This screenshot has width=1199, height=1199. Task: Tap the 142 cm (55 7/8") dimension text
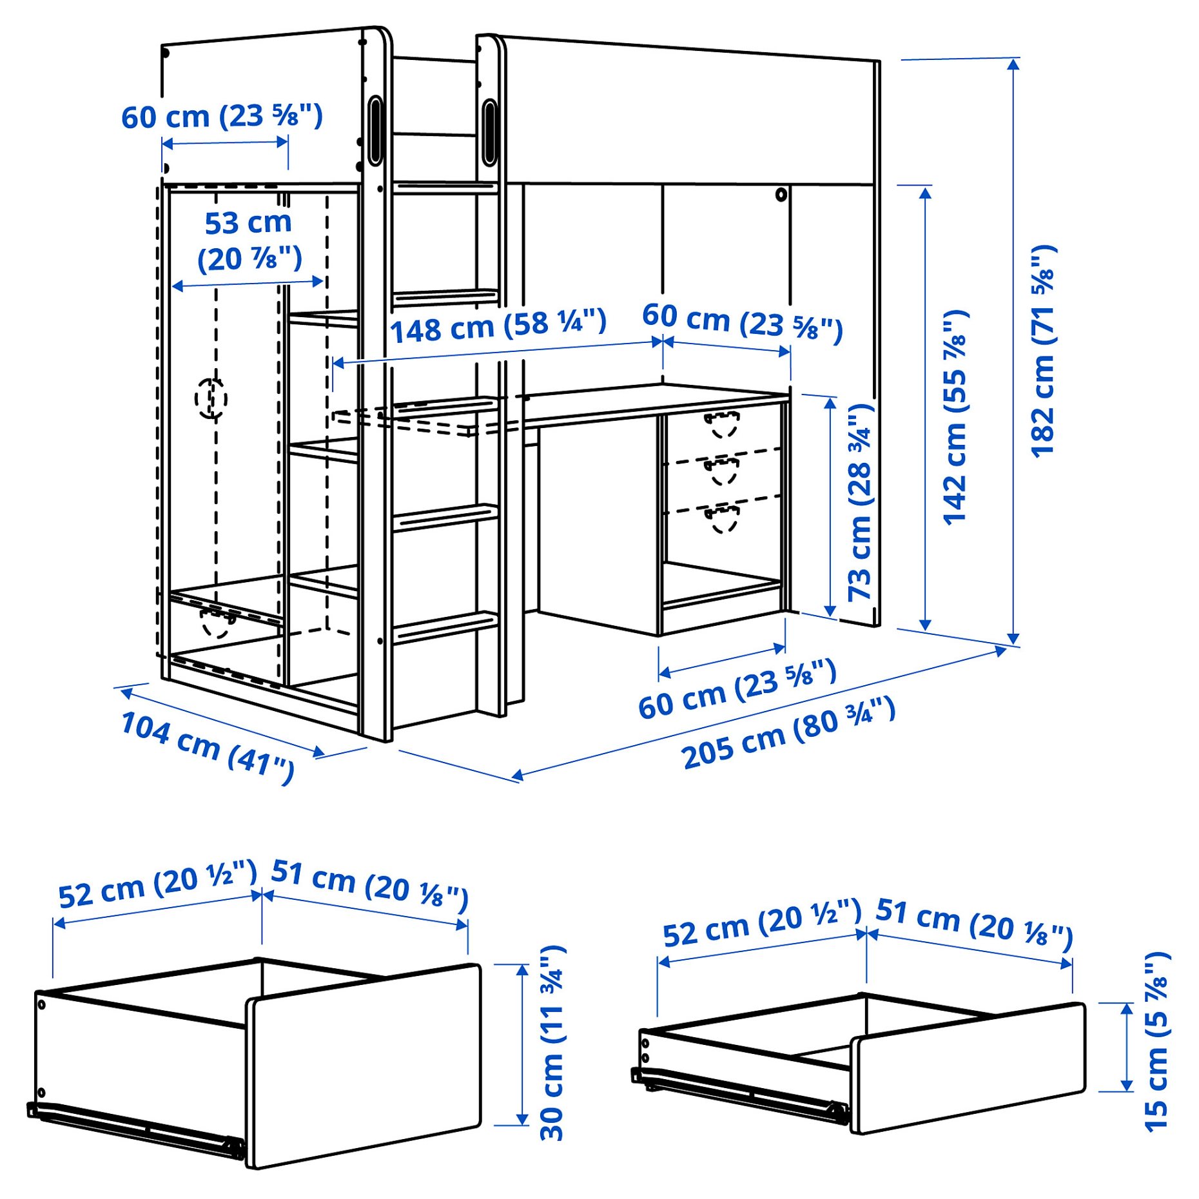(955, 417)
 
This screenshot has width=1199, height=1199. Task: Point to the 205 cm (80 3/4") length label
(788, 732)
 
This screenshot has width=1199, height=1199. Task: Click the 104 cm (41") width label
(208, 747)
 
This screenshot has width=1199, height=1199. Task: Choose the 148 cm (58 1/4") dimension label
(498, 326)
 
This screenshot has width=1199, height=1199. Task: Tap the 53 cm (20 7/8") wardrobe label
(249, 241)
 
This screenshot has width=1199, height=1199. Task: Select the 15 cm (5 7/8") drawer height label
(1156, 1041)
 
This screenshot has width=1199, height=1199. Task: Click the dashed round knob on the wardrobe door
(211, 398)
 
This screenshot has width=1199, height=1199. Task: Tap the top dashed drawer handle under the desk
(721, 424)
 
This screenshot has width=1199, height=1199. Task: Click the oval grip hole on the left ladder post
(375, 131)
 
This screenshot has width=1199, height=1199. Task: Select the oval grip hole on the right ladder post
(490, 132)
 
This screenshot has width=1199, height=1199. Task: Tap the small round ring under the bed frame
(781, 194)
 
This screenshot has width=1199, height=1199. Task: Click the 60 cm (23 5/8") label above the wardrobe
(222, 117)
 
